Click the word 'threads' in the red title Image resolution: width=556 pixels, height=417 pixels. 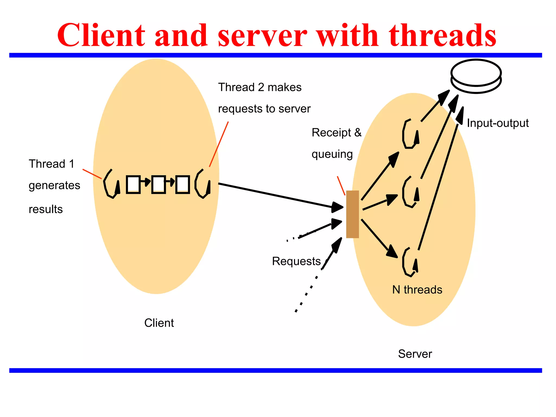coord(443,36)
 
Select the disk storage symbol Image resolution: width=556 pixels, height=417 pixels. coord(476,76)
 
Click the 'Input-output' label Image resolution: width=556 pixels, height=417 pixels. coord(498,123)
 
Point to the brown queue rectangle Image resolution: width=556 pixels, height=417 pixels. coord(352,214)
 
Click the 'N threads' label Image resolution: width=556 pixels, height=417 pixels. coord(417,290)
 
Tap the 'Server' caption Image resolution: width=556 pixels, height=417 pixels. coord(415,354)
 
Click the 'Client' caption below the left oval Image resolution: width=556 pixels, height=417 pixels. coord(159,323)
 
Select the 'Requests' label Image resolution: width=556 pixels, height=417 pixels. coord(296,261)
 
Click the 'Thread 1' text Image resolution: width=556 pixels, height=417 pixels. coord(52,164)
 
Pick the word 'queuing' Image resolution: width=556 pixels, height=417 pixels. coord(332,154)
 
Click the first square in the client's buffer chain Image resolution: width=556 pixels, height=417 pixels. coord(133,185)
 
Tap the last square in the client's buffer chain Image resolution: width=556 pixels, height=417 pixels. coord(182,185)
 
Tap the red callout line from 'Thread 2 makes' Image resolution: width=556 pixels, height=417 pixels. coord(219,144)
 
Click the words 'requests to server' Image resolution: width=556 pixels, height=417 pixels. coord(264,109)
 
